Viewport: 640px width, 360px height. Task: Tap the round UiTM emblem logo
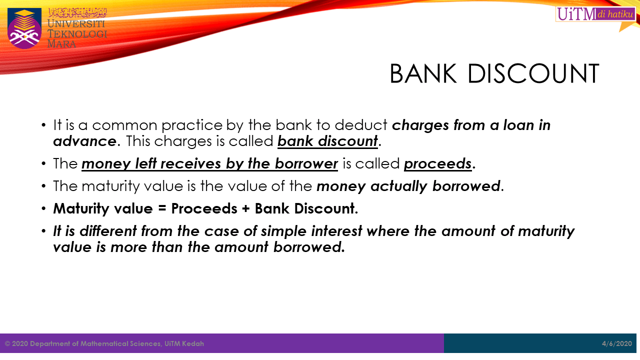click(x=24, y=28)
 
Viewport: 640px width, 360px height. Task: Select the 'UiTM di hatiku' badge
click(x=594, y=14)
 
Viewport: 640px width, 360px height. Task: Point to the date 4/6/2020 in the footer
click(x=617, y=343)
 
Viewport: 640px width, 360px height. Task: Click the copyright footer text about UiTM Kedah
click(x=104, y=343)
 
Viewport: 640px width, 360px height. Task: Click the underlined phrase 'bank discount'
click(x=327, y=141)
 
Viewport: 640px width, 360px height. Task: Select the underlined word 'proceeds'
click(x=438, y=163)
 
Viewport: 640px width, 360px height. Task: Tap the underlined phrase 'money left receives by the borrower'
click(x=210, y=163)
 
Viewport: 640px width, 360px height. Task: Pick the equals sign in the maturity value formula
click(x=161, y=208)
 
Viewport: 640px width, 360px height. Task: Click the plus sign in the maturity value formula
click(x=245, y=208)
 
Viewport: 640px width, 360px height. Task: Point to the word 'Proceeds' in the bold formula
click(x=204, y=208)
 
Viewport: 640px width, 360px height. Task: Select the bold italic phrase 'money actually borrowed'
click(x=408, y=186)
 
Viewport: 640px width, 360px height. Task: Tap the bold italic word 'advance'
click(x=84, y=141)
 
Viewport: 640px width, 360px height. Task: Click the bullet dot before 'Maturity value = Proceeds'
click(x=44, y=208)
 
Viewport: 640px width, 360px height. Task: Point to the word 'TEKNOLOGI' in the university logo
click(x=77, y=34)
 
